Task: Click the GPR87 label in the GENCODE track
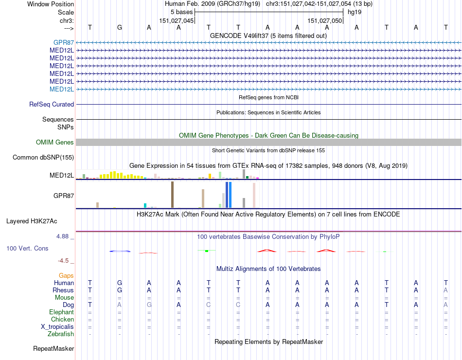64,42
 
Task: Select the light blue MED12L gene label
62,89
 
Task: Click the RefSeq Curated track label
52,104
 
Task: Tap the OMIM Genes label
55,143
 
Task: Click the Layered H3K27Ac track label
32,221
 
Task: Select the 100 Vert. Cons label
27,248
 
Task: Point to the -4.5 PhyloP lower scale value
64,260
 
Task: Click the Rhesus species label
63,290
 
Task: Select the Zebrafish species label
61,334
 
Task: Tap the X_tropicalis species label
57,326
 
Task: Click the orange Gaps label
66,275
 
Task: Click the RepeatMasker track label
53,348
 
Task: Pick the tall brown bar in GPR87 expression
172,195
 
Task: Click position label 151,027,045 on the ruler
177,20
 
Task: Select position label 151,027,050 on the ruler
325,20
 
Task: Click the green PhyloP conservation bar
207,251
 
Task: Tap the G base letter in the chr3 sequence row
120,27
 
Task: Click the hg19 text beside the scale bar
354,12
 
